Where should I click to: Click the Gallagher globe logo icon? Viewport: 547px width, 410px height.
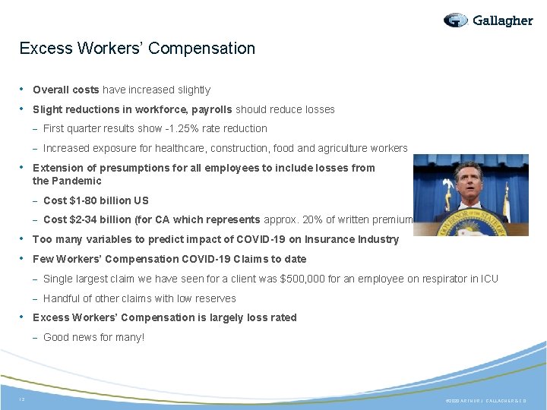(x=457, y=20)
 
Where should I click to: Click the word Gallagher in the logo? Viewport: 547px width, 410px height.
(x=502, y=20)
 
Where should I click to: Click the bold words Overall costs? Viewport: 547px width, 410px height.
(x=66, y=90)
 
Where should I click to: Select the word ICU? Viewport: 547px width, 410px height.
(x=489, y=279)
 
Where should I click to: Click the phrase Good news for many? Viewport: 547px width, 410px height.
(x=93, y=337)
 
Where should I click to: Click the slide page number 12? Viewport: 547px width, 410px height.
(x=22, y=399)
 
